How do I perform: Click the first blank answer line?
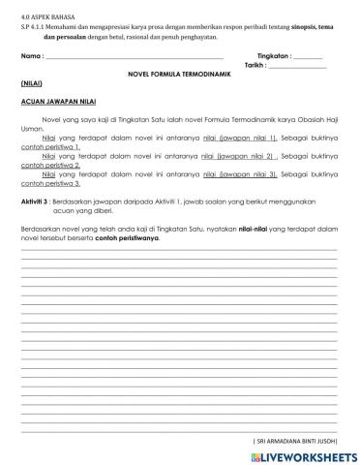[x=179, y=249]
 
